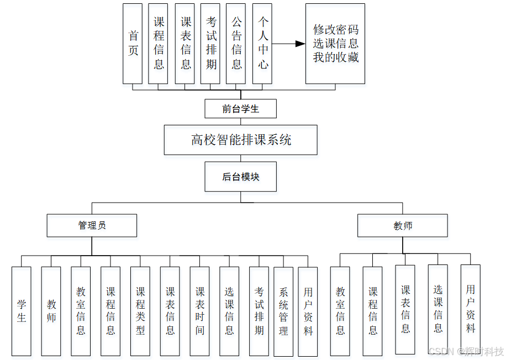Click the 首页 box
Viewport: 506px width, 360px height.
[x=133, y=44]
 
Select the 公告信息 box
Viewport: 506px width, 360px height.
[x=236, y=44]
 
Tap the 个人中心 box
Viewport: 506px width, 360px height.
[x=262, y=44]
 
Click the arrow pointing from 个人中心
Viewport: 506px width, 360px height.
[x=289, y=44]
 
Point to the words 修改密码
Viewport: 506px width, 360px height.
[x=335, y=29]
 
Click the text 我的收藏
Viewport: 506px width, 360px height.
[x=335, y=57]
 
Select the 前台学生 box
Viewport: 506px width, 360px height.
[x=240, y=109]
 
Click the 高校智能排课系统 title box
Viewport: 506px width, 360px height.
[x=240, y=140]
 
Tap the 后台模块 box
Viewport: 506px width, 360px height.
[x=240, y=177]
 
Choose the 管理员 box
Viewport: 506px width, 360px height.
[x=92, y=225]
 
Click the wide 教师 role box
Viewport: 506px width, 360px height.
[x=402, y=225]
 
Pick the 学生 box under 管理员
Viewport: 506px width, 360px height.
[x=22, y=311]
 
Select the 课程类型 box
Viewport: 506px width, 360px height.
[x=140, y=311]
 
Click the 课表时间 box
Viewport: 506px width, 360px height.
[x=200, y=311]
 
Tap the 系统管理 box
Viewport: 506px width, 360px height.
[x=283, y=311]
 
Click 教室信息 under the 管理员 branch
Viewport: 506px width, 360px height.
[x=81, y=311]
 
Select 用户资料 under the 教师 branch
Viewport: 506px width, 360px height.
[x=470, y=309]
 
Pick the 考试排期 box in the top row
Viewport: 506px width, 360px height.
[x=210, y=44]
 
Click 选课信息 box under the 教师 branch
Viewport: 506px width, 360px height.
[x=438, y=309]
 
